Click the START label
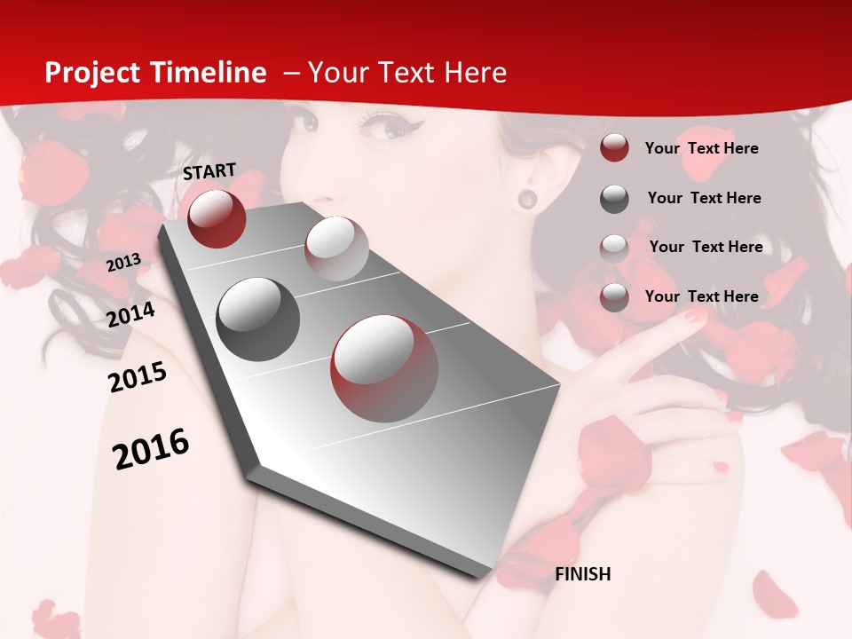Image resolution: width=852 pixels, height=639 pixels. tap(209, 171)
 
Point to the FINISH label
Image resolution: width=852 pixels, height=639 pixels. tap(582, 574)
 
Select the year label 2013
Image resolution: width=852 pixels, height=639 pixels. tap(124, 263)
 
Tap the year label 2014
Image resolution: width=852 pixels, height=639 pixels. tap(131, 314)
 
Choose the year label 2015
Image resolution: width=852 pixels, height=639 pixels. tap(138, 377)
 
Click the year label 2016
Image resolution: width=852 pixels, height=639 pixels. tap(151, 449)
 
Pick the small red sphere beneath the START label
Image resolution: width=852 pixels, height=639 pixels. tap(217, 218)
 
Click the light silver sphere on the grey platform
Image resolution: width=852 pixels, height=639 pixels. tap(336, 248)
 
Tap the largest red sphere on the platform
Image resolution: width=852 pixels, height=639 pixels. tap(384, 368)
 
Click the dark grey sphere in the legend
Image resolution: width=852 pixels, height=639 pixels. tap(614, 199)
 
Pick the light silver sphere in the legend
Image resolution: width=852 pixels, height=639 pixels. tap(614, 248)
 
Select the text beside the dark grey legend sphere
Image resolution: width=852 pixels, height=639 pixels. tap(704, 198)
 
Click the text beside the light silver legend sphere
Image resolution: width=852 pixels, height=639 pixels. tap(706, 247)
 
